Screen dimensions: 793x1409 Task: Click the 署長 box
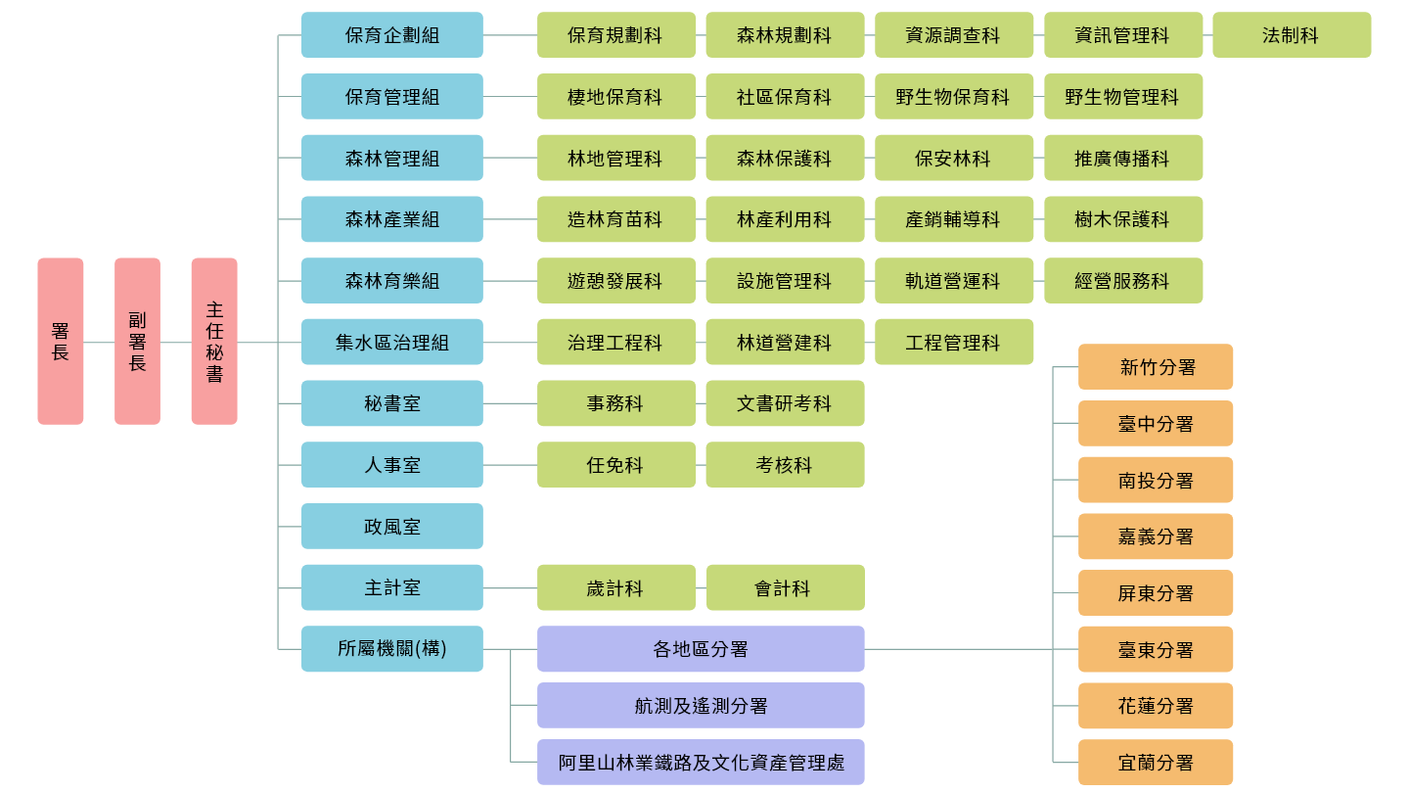click(x=61, y=341)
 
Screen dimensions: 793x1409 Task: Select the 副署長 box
click(x=137, y=341)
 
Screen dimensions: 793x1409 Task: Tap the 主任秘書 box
click(x=214, y=341)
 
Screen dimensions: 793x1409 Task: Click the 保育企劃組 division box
click(x=391, y=35)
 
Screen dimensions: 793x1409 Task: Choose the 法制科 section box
click(x=1292, y=35)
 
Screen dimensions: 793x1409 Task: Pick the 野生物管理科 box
click(x=1123, y=97)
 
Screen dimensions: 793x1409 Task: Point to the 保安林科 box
click(x=954, y=159)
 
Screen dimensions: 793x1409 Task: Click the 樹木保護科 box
click(x=1123, y=219)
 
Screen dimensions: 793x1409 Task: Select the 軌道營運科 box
click(x=954, y=281)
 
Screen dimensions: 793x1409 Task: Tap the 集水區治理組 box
click(x=391, y=343)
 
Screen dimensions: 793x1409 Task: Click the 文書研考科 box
click(x=785, y=403)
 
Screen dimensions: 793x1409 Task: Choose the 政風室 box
click(x=391, y=527)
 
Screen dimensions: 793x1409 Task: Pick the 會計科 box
click(x=785, y=588)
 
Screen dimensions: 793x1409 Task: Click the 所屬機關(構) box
click(x=391, y=649)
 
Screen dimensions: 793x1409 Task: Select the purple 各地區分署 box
click(x=701, y=649)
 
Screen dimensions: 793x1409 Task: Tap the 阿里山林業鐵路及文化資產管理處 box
click(x=701, y=762)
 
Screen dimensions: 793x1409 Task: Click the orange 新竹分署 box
click(x=1156, y=367)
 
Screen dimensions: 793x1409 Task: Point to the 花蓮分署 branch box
click(x=1156, y=706)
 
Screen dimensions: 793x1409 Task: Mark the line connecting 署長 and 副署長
click(x=99, y=343)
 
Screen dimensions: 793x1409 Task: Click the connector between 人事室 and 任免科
click(x=510, y=465)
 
